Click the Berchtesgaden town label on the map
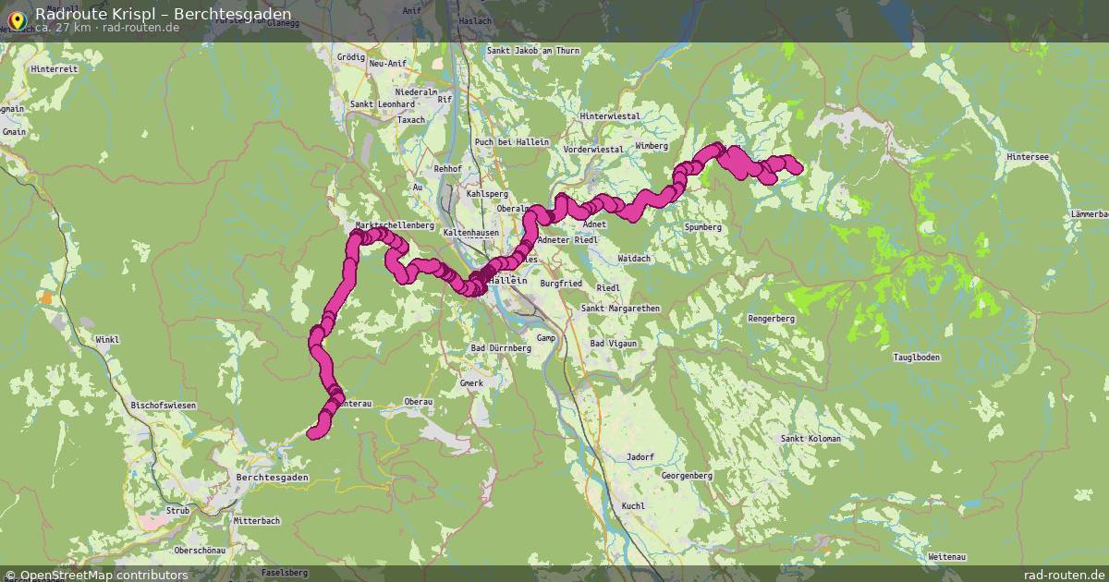tap(273, 478)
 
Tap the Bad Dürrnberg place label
tap(501, 348)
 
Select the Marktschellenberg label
tap(395, 225)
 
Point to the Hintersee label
tap(1028, 157)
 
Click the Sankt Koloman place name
tap(810, 439)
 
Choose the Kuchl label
tap(633, 506)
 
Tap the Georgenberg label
tap(687, 476)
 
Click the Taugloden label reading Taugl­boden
tap(917, 358)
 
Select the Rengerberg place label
tap(771, 319)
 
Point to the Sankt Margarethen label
tap(619, 309)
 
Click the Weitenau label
tap(946, 557)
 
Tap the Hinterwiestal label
tap(610, 116)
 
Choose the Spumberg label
tap(703, 227)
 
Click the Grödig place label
tap(351, 57)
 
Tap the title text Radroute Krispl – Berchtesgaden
tap(163, 14)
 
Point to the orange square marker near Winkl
tap(46, 297)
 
